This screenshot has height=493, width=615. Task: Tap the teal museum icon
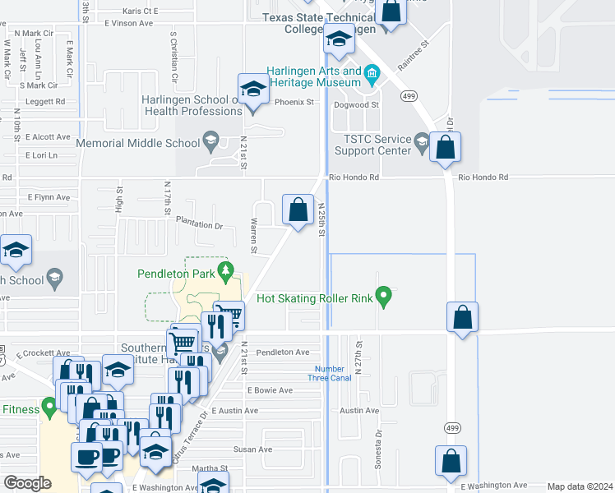coord(372,76)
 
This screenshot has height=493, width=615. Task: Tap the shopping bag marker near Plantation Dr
coord(297,209)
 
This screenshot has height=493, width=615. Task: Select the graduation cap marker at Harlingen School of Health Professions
coord(253,89)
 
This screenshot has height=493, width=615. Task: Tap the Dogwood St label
coord(357,104)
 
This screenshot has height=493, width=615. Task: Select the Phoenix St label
coord(295,103)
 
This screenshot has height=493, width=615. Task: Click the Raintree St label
coord(414,54)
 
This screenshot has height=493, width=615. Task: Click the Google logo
coord(28,483)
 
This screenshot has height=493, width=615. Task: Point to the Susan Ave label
coord(252,449)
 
